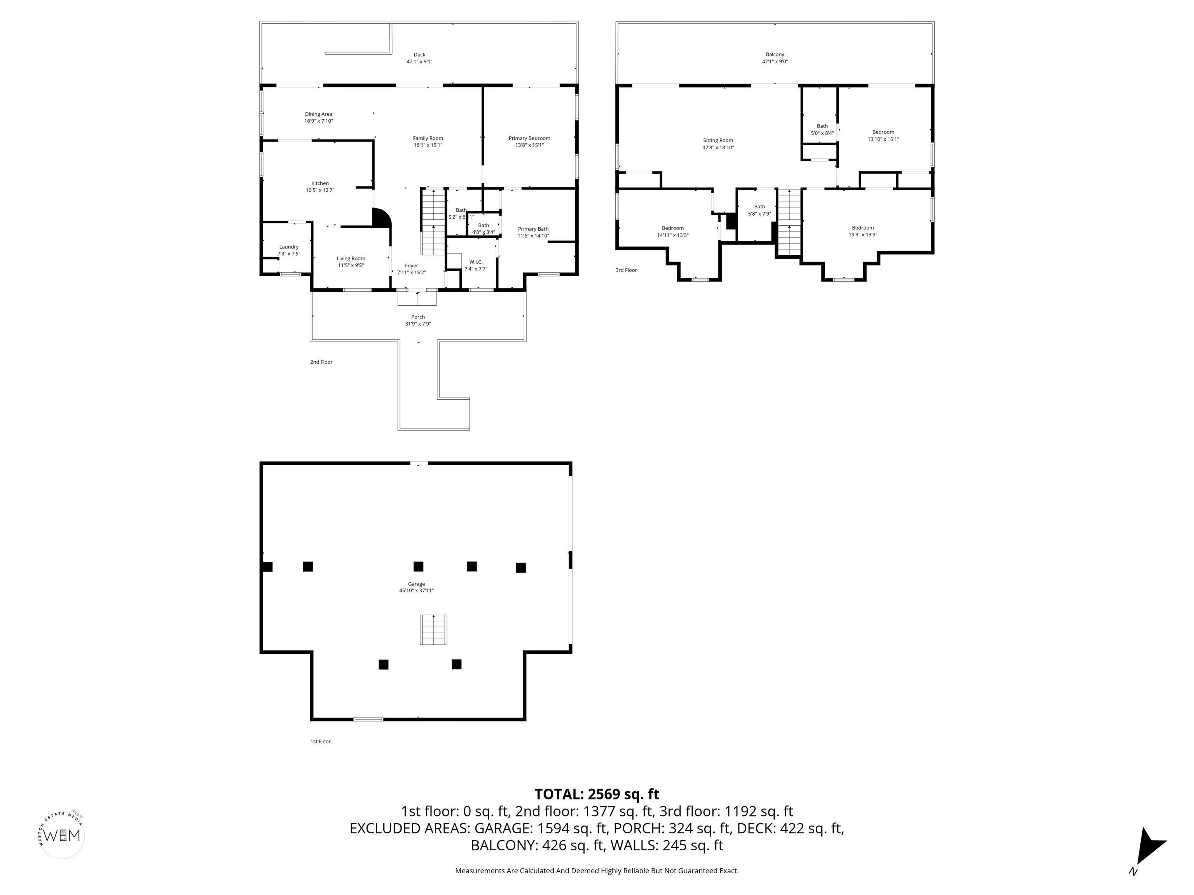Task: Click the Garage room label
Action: tap(416, 584)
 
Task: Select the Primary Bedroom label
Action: tap(529, 138)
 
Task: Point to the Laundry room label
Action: tap(289, 247)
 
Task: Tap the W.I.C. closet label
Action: tap(476, 262)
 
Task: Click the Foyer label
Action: tap(411, 265)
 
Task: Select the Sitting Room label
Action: tap(718, 140)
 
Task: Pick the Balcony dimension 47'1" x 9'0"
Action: tap(775, 61)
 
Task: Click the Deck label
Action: tap(419, 54)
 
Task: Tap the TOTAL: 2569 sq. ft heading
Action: tap(597, 794)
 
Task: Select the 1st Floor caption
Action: tap(320, 741)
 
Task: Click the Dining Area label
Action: tap(318, 114)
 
